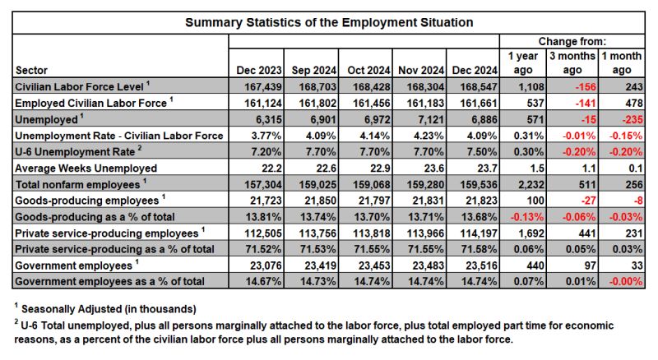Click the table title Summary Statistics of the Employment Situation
329,22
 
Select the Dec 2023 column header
259,70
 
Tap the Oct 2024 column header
368,70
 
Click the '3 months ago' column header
572,63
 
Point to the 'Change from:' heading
572,42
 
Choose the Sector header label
31,70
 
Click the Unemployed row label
46,119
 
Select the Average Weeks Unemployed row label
86,168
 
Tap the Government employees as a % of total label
109,281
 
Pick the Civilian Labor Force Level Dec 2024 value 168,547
475,87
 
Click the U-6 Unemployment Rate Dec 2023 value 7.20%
266,152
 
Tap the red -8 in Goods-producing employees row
637,201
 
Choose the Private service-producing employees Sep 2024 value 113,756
318,233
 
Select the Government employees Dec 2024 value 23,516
481,265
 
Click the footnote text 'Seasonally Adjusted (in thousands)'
109,309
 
